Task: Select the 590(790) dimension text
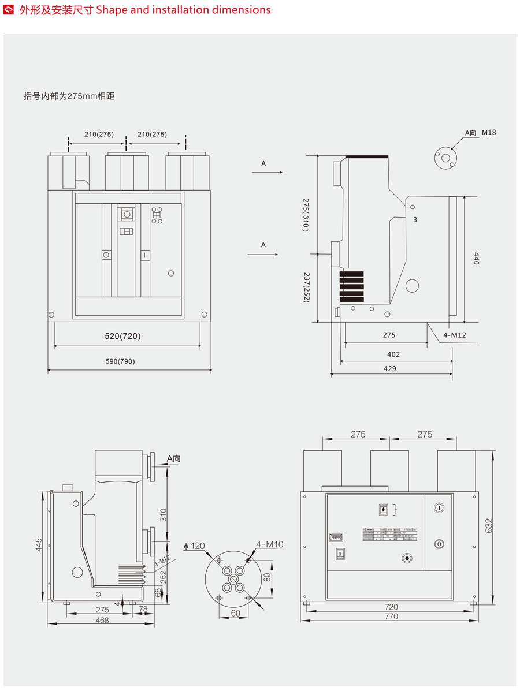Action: click(x=120, y=361)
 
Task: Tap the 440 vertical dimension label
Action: click(x=476, y=258)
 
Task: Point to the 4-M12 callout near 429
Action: click(x=454, y=335)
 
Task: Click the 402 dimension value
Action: click(x=393, y=354)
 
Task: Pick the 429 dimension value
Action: click(x=390, y=368)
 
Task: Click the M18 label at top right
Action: click(x=489, y=133)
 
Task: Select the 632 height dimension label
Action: click(x=488, y=526)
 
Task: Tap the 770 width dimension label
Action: click(x=391, y=617)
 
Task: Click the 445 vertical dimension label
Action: click(x=39, y=546)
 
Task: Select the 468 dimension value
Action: click(x=102, y=620)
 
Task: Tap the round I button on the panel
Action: click(x=439, y=507)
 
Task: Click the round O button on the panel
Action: click(x=439, y=544)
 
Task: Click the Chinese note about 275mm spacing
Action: click(x=69, y=96)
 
